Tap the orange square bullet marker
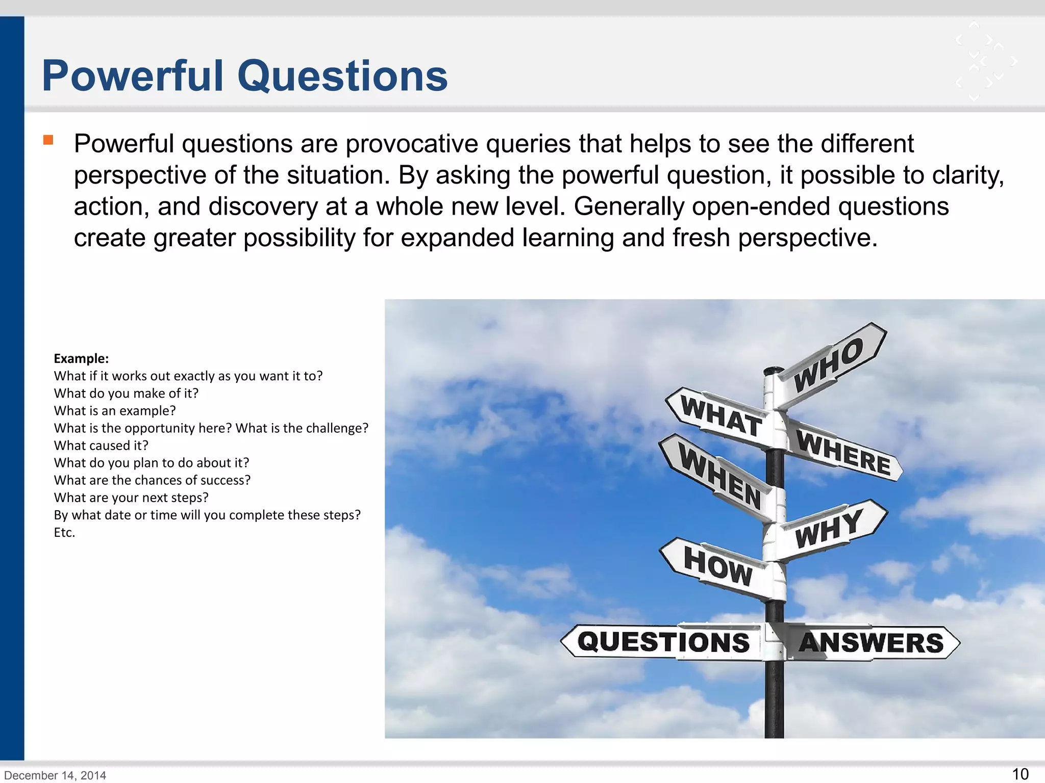point(48,140)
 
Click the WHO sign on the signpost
point(829,365)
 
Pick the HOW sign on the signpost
point(717,566)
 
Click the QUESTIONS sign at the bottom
point(663,642)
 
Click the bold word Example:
point(81,359)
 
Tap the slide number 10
point(1020,774)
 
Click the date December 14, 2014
point(55,775)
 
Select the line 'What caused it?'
point(101,446)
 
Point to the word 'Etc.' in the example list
point(64,533)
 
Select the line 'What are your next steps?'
point(131,498)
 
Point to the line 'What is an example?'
point(115,411)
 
